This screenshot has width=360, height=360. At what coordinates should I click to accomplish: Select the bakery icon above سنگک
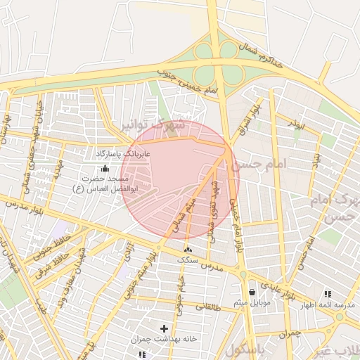(188, 250)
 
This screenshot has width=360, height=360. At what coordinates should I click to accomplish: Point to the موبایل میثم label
(252, 303)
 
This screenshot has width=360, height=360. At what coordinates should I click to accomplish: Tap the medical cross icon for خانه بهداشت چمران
(165, 328)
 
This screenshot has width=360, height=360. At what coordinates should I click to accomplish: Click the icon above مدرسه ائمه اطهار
(328, 294)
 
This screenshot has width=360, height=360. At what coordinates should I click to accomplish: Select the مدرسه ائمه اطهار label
(328, 305)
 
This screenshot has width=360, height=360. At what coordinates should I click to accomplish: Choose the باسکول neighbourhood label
(247, 349)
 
